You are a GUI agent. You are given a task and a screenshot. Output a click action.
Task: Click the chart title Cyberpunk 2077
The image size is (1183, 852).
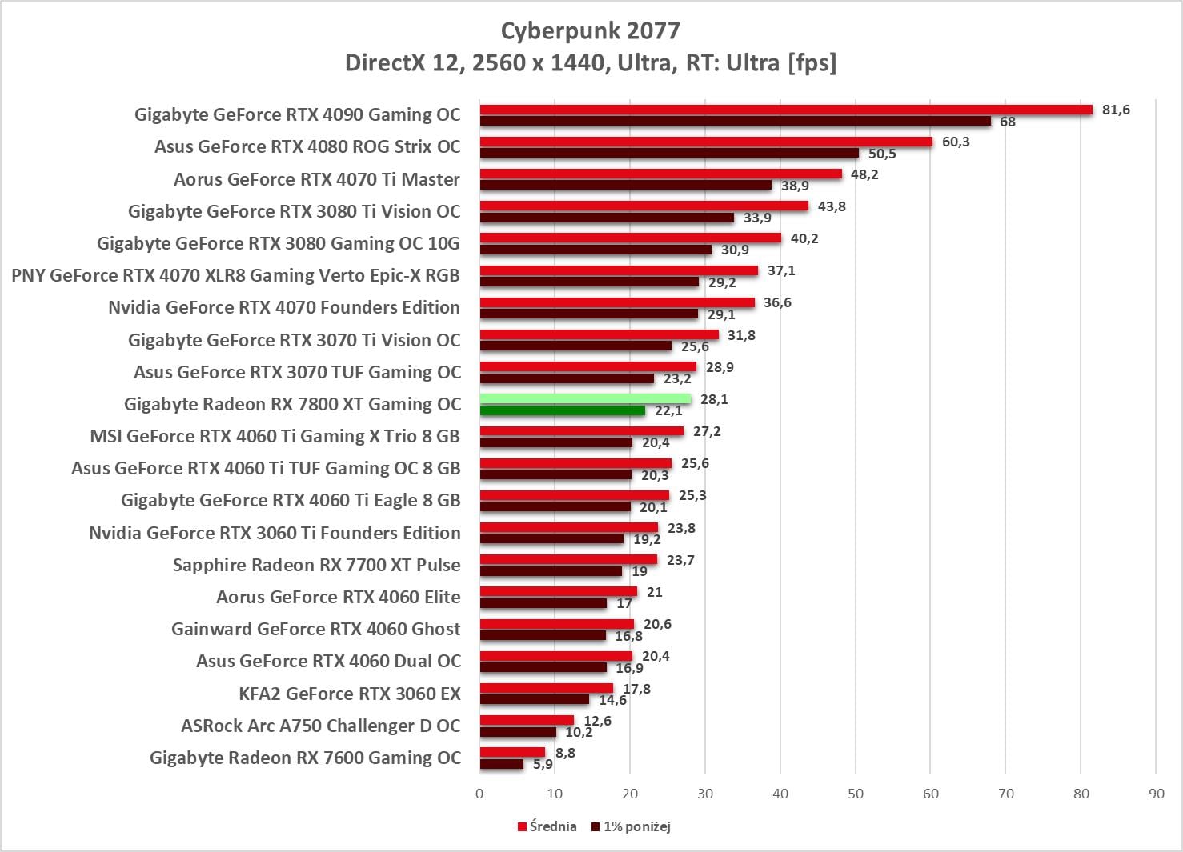[x=590, y=30]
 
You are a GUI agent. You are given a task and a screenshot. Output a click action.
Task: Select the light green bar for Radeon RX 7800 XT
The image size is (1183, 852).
[x=585, y=398]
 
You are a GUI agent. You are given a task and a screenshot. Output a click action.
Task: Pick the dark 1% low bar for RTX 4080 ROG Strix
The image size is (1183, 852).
[x=669, y=153]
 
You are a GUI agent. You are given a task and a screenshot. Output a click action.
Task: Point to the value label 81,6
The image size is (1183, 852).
[x=1115, y=110]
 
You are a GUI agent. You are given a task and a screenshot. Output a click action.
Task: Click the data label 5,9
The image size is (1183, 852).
[x=543, y=764]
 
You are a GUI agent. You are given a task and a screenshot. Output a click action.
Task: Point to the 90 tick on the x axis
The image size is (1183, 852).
[x=1156, y=794]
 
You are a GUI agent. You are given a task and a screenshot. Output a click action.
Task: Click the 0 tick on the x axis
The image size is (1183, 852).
[x=479, y=794]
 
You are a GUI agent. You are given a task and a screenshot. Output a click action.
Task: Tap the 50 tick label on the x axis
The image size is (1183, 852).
[x=855, y=794]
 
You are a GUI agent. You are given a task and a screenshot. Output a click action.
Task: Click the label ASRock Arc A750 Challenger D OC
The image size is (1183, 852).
[x=320, y=726]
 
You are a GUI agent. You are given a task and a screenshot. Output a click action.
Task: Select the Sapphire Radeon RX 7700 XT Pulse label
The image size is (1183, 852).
[x=316, y=565]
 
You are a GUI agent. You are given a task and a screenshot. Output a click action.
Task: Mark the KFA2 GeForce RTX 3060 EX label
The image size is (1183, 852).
[x=350, y=694]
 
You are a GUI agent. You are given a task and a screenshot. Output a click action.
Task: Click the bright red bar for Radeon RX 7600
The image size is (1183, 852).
[x=512, y=752]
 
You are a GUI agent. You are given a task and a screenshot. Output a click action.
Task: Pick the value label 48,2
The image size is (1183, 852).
[x=864, y=174]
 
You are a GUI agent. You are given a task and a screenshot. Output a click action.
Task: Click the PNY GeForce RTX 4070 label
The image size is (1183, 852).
[x=235, y=275]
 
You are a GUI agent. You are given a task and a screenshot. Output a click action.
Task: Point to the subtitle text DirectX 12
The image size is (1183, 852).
[x=403, y=62]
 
